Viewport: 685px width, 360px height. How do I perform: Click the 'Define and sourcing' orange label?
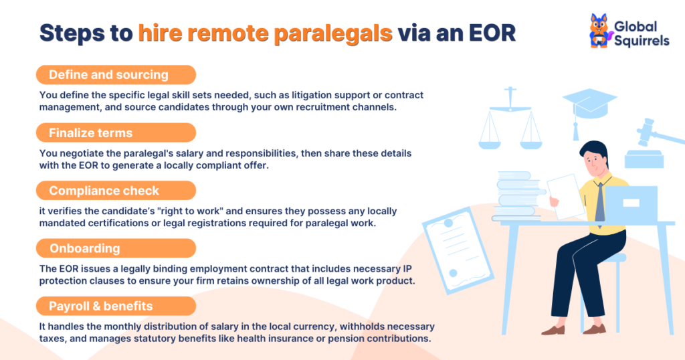[x=108, y=74]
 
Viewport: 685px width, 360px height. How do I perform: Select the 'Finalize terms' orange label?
[x=90, y=132]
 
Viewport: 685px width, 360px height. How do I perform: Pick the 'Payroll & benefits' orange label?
[x=100, y=306]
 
